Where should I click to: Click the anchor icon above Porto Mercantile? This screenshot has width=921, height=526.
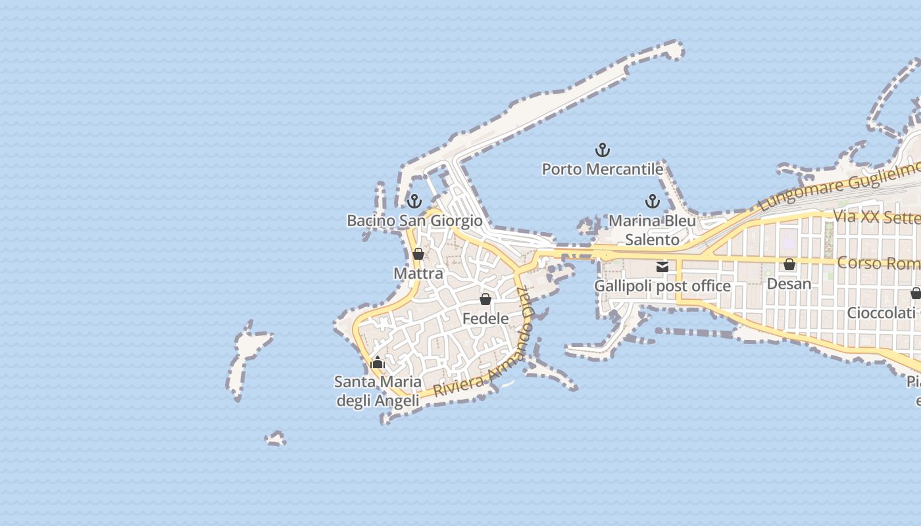(602, 151)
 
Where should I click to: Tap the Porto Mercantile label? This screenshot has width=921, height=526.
(602, 170)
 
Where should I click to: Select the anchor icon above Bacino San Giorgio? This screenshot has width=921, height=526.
(414, 201)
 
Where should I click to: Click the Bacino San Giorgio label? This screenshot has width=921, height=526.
(414, 221)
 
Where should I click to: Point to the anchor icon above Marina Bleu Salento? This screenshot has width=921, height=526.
(652, 201)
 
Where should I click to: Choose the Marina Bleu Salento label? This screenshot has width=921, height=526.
(652, 230)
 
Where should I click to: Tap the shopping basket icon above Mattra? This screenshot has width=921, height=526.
(418, 254)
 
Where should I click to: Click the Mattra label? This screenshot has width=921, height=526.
(418, 273)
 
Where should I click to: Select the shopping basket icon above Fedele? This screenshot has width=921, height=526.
(485, 299)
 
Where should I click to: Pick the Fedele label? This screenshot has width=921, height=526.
(485, 319)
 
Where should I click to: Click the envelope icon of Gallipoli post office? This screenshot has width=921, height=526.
(662, 267)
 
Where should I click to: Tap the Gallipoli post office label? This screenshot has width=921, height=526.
(662, 286)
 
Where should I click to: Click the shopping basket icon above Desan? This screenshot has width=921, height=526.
(789, 265)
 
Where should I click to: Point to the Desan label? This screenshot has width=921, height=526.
(789, 284)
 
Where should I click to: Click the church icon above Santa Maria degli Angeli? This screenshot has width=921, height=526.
(378, 362)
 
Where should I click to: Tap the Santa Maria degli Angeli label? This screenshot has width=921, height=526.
(378, 391)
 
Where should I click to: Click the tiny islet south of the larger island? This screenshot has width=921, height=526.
(276, 439)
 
